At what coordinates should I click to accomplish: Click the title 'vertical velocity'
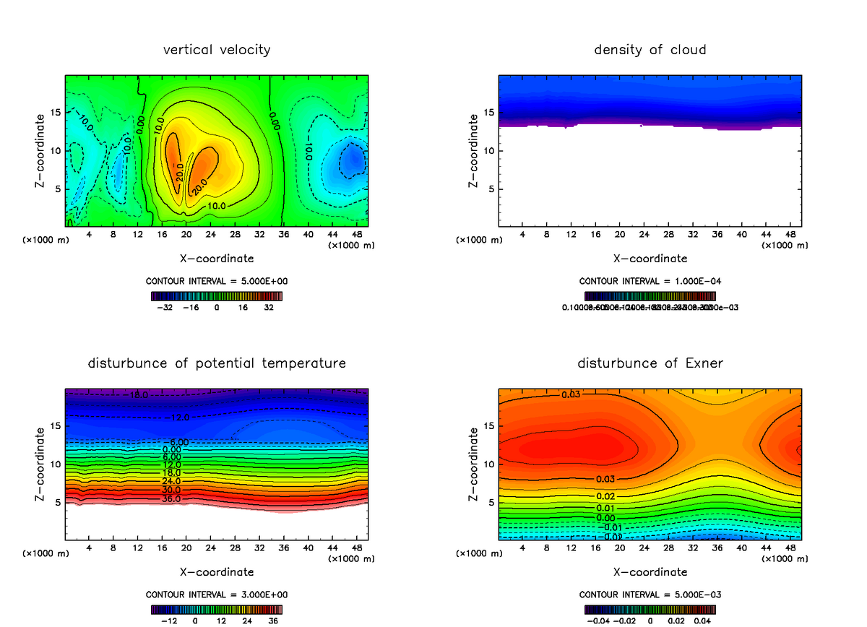click(217, 50)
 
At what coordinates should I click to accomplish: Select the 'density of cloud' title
click(650, 50)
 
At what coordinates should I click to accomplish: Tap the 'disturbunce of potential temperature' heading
click(217, 363)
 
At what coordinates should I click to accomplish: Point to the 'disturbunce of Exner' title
click(650, 363)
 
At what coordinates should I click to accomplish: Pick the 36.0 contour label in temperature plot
click(171, 498)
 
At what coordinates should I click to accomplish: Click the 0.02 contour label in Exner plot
click(605, 496)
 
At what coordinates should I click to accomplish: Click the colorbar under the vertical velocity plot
click(217, 295)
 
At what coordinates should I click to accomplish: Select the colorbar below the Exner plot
click(650, 609)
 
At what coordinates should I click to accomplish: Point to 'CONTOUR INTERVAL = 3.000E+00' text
click(217, 594)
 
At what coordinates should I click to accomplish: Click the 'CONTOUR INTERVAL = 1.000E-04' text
click(650, 281)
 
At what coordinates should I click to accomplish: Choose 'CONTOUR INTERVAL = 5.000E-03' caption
click(650, 594)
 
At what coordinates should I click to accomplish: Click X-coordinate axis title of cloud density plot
click(650, 258)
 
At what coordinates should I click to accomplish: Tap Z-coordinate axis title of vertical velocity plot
click(41, 150)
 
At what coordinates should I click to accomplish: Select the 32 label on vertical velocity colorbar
click(269, 307)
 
